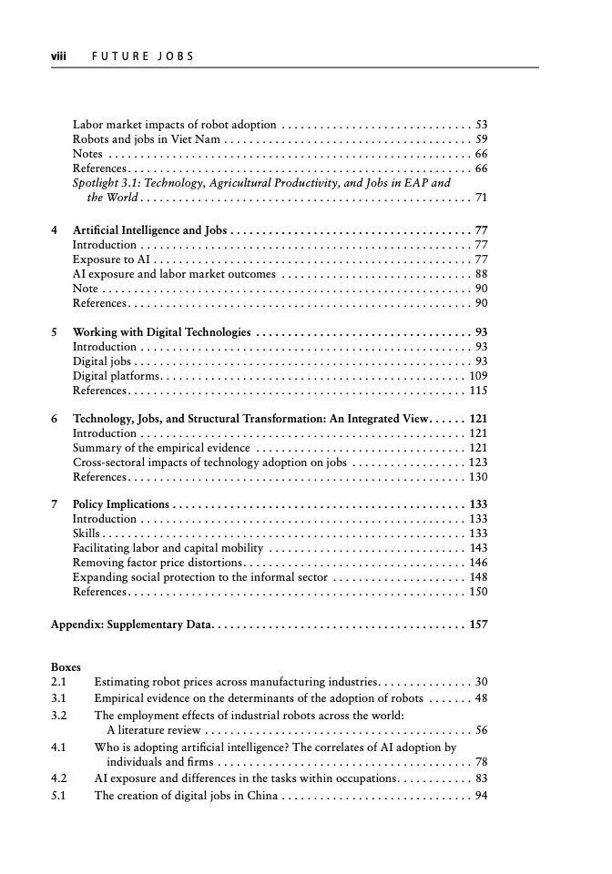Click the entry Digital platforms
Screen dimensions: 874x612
pyautogui.click(x=117, y=376)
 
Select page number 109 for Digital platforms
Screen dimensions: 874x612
pyautogui.click(x=477, y=376)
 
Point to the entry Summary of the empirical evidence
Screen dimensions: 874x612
pyautogui.click(x=160, y=449)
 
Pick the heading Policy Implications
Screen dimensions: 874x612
pyautogui.click(x=120, y=504)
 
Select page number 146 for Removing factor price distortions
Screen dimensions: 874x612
pyautogui.click(x=477, y=563)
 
